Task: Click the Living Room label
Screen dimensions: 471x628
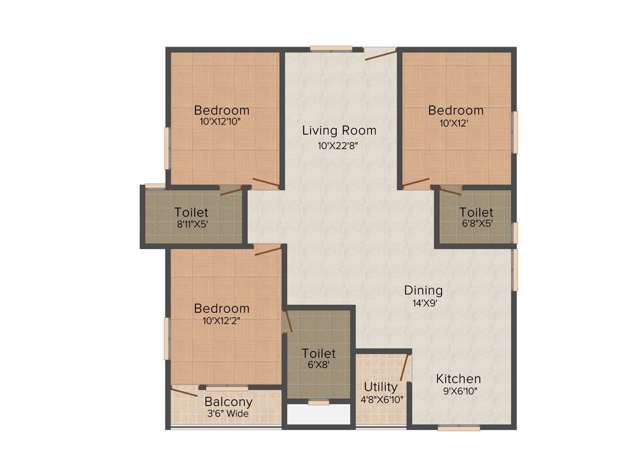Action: coord(339,131)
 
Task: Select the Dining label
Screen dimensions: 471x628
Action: coord(423,291)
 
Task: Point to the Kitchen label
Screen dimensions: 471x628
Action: coord(458,378)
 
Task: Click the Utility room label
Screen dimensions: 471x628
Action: coord(381,388)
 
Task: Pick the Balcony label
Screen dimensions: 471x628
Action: coord(228,402)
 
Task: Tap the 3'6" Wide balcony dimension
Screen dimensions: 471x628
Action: coord(228,413)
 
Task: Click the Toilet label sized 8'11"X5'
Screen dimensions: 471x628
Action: coord(191,213)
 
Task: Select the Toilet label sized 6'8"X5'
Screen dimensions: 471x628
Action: coord(476,212)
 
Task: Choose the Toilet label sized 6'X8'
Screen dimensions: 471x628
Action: coord(319,354)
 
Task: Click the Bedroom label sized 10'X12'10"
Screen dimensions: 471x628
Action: coord(221,110)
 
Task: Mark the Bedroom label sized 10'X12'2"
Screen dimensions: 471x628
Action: coord(221,308)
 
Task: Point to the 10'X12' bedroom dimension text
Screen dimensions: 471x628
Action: coord(456,122)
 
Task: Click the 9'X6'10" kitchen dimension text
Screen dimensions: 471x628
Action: coord(458,391)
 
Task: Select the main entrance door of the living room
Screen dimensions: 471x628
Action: coord(380,54)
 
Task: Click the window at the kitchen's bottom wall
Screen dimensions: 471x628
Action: coord(459,428)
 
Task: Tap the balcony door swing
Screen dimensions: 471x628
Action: coord(183,391)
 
